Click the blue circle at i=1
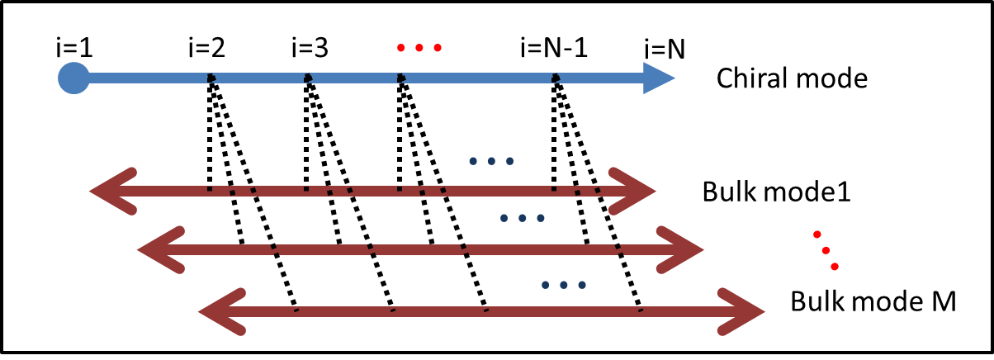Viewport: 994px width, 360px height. [x=73, y=79]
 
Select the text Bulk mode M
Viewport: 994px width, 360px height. [x=873, y=301]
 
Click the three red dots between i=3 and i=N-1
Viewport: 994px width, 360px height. [x=419, y=48]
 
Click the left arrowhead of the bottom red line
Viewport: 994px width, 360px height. [x=220, y=312]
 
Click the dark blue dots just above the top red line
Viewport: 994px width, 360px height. [x=491, y=160]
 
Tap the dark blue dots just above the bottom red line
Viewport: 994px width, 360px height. [x=563, y=285]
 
